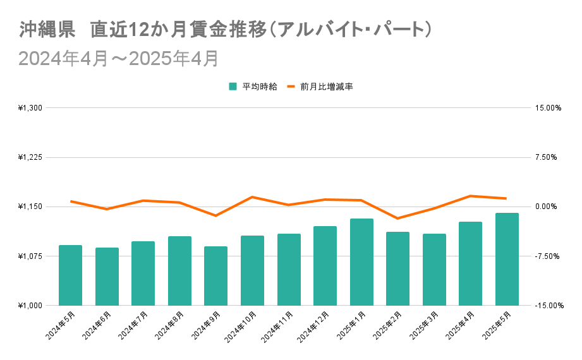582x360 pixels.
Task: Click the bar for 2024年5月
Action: pos(70,275)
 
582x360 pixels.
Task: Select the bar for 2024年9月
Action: pos(215,275)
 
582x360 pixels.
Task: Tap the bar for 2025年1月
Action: pos(361,261)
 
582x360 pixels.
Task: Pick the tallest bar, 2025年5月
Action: pos(507,259)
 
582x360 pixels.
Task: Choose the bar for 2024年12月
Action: pos(325,265)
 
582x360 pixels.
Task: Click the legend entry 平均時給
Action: pos(253,87)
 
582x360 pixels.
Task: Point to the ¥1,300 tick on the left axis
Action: pos(30,108)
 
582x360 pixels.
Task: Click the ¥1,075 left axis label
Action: pos(30,256)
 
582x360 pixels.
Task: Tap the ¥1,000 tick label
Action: pos(30,306)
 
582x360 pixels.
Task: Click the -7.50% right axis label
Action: pos(547,256)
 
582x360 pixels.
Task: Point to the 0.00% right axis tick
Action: pos(547,207)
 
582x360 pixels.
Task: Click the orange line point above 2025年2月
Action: pos(397,219)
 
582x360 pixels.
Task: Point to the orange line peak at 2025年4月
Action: pos(470,196)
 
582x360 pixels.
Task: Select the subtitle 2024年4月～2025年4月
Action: pos(118,58)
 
